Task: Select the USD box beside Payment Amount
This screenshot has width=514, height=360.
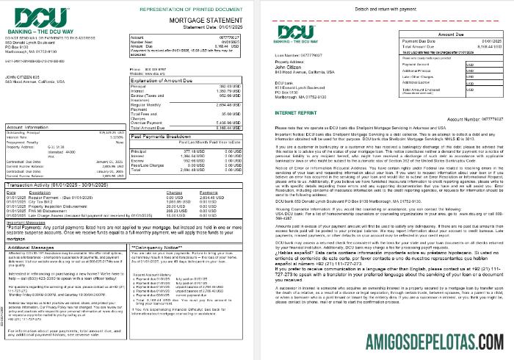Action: (x=470, y=63)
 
